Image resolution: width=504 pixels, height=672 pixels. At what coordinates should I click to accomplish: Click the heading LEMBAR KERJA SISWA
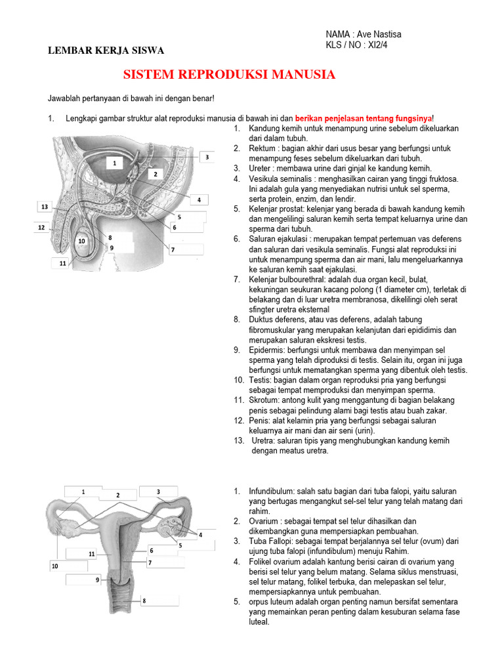(x=106, y=51)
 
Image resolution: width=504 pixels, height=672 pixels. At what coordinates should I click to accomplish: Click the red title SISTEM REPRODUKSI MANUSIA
(x=230, y=75)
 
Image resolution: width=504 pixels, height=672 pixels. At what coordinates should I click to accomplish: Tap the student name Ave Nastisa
(x=388, y=34)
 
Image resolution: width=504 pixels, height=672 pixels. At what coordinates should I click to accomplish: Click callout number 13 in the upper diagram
(x=45, y=207)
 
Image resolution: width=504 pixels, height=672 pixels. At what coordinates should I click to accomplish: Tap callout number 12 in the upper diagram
(x=41, y=228)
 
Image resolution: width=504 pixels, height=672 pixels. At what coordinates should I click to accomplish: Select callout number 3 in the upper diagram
(x=207, y=157)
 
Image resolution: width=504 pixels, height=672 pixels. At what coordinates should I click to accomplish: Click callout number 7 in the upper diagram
(x=173, y=249)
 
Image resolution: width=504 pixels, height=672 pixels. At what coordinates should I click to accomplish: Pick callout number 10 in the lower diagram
(x=55, y=566)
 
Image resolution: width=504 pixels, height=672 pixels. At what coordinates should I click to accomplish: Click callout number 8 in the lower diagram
(x=144, y=600)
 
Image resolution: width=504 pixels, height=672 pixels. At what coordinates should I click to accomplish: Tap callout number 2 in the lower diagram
(x=118, y=495)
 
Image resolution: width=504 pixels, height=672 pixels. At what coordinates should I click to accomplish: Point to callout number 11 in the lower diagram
(x=93, y=555)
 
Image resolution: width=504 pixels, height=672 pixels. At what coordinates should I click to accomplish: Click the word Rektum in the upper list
(x=262, y=149)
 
